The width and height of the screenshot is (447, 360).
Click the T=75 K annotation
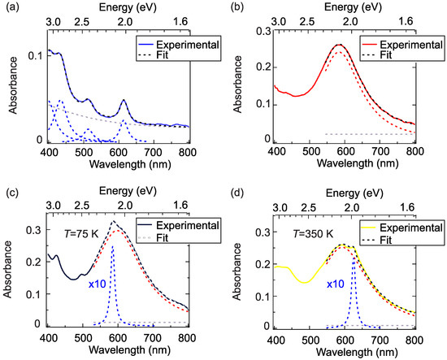coord(78,232)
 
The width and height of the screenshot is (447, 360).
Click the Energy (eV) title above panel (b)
coord(345,7)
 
